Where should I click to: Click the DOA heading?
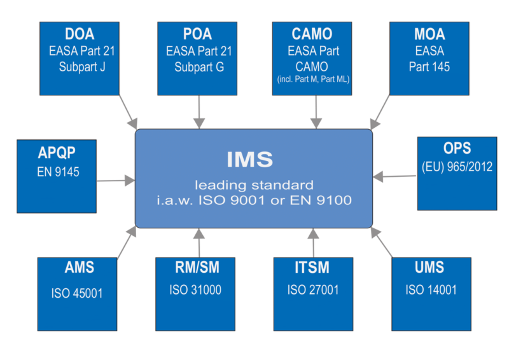[x=80, y=34]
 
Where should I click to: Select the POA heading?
[x=197, y=34]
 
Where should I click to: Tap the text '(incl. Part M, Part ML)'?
[x=313, y=80]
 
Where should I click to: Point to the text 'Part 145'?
[x=429, y=67]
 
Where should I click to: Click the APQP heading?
[x=57, y=153]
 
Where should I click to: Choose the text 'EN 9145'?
[x=58, y=172]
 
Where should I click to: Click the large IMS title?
[x=250, y=160]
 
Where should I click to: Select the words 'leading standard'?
[x=254, y=185]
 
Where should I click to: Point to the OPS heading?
[x=457, y=148]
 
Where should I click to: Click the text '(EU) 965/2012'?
[x=457, y=167]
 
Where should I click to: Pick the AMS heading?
[x=79, y=268]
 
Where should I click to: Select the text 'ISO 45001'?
[x=77, y=293]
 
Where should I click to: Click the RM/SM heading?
[x=197, y=268]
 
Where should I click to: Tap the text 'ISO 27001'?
[x=313, y=290]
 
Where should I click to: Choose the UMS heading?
[x=429, y=268]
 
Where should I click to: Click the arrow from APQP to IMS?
[x=116, y=181]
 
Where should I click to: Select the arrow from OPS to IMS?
[x=394, y=176]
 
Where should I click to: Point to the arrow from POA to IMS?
[x=199, y=112]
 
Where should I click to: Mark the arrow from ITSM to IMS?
[x=313, y=243]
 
